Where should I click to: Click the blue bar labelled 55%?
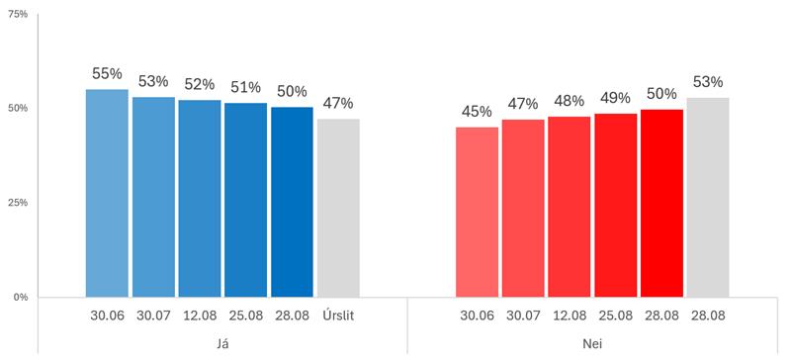pos(107,194)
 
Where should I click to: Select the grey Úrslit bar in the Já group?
pos(338,208)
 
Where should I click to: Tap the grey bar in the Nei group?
pos(708,198)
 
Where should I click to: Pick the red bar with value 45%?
pos(478,212)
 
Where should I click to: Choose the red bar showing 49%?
pos(616,206)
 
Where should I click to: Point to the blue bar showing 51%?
pos(245,200)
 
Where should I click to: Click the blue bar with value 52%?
pos(200,199)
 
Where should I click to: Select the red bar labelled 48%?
pos(570,207)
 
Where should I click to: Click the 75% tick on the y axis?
pos(19,14)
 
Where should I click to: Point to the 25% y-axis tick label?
pos(19,203)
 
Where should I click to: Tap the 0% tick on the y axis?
pos(21,297)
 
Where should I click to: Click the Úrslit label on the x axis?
pos(338,316)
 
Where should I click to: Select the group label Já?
pos(222,344)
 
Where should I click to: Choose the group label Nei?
pos(592,344)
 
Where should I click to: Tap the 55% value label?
pos(107,74)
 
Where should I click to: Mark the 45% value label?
pos(477,111)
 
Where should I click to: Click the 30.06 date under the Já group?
pos(107,316)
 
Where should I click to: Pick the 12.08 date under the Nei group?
pos(570,316)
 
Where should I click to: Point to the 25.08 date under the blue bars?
pos(245,316)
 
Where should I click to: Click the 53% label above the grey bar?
pos(708,82)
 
